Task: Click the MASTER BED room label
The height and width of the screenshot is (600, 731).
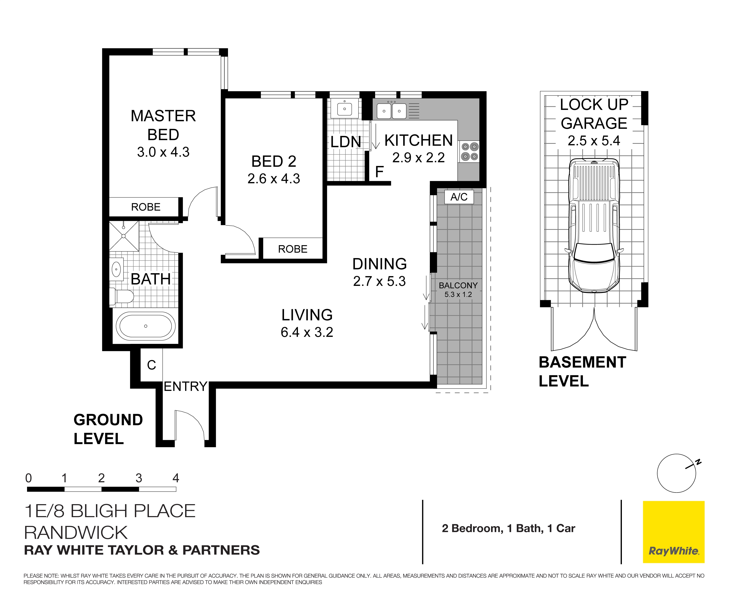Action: [x=163, y=125]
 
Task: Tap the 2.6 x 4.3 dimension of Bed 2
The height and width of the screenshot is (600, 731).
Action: [x=274, y=179]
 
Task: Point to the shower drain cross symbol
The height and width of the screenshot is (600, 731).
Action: [x=124, y=236]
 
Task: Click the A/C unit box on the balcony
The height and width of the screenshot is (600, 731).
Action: [x=459, y=197]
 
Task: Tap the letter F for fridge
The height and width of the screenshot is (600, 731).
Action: [x=379, y=172]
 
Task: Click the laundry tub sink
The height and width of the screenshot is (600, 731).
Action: [x=344, y=109]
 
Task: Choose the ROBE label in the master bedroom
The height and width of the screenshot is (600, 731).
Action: [x=146, y=207]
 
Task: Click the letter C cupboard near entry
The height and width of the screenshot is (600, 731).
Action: [x=151, y=365]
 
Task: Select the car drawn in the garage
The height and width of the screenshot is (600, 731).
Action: [x=594, y=225]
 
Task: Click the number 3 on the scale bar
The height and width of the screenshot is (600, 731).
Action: [x=139, y=478]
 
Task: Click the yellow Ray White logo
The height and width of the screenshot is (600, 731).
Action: [x=673, y=532]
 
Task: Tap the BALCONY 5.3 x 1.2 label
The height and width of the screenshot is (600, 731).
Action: [x=458, y=290]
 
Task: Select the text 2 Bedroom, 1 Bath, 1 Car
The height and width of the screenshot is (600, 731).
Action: [x=508, y=528]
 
